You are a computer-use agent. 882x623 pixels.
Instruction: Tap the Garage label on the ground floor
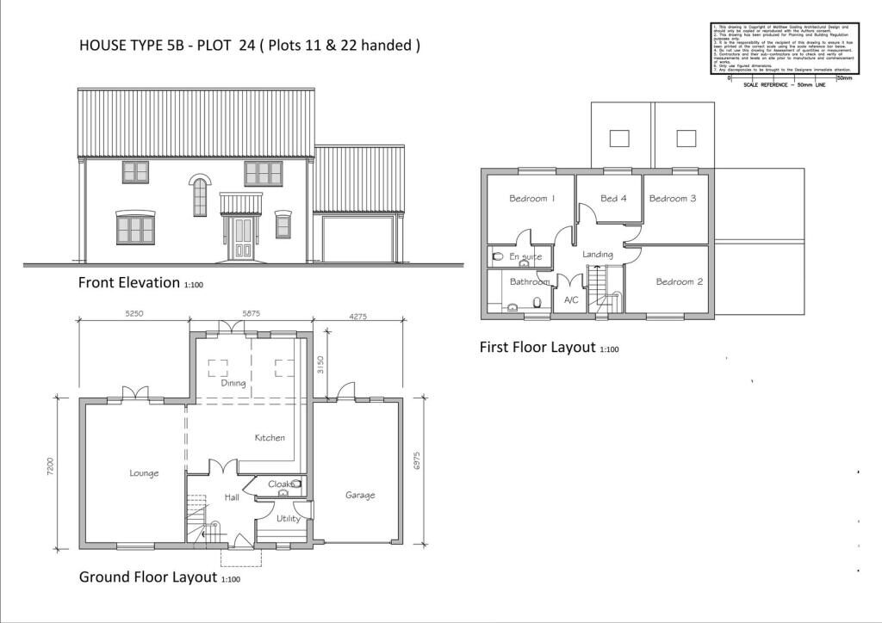[360, 495]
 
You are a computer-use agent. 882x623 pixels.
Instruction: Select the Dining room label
[233, 383]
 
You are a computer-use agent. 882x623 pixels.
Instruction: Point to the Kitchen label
[269, 438]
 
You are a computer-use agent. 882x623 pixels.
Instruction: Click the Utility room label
[288, 518]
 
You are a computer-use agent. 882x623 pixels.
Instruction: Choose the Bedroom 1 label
[531, 199]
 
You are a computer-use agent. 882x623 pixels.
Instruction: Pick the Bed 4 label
[613, 199]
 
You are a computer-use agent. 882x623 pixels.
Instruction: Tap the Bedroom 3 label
[673, 199]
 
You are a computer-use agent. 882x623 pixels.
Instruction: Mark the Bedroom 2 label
[680, 281]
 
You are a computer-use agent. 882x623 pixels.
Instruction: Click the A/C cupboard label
[570, 300]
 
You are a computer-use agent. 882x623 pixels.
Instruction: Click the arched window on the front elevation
[200, 196]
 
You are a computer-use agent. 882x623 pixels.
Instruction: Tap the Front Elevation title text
[129, 282]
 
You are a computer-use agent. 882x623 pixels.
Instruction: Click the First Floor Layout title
[537, 348]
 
